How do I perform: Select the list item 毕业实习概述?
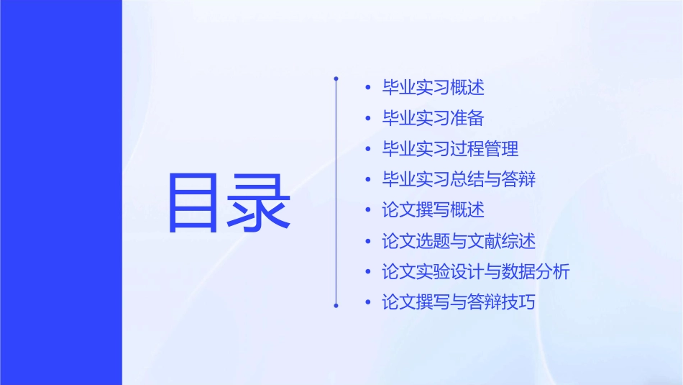pyautogui.click(x=433, y=88)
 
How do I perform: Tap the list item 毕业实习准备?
pyautogui.click(x=433, y=119)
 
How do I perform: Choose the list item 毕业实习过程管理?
pyautogui.click(x=450, y=149)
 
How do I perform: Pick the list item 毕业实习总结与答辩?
pyautogui.click(x=459, y=179)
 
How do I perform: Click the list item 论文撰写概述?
pyautogui.click(x=433, y=210)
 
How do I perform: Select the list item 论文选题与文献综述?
pyautogui.click(x=459, y=241)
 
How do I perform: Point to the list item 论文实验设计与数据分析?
pyautogui.click(x=476, y=272)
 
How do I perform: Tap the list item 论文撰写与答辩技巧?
pyautogui.click(x=459, y=302)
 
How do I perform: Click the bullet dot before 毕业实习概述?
pyautogui.click(x=368, y=88)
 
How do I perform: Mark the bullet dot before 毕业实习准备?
pyautogui.click(x=368, y=119)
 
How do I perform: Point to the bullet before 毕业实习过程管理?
pyautogui.click(x=368, y=149)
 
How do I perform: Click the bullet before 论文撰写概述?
pyautogui.click(x=368, y=210)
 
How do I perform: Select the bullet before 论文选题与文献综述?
pyautogui.click(x=368, y=241)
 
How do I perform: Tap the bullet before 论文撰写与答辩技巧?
pyautogui.click(x=368, y=302)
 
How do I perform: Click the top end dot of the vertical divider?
pyautogui.click(x=336, y=78)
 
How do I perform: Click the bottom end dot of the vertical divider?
pyautogui.click(x=336, y=305)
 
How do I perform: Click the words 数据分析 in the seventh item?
pyautogui.click(x=536, y=272)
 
